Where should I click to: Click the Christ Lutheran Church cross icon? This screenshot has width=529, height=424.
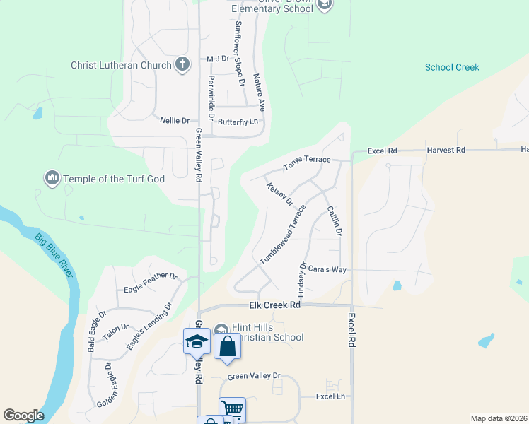[x=182, y=65]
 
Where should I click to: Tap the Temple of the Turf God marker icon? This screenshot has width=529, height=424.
[x=52, y=179]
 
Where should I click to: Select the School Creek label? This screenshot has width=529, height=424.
[x=452, y=68]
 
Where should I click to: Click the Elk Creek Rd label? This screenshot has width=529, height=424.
[x=275, y=305]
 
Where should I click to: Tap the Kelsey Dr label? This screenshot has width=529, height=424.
[x=280, y=194]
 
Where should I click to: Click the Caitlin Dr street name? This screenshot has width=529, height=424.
[x=335, y=221]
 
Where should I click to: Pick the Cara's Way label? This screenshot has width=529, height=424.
[x=327, y=269]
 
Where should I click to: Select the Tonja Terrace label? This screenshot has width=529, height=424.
[x=307, y=163]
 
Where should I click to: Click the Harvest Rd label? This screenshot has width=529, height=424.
[x=446, y=151]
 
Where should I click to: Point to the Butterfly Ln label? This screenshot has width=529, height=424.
[x=238, y=122]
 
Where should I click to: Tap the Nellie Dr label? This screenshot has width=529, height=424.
[x=175, y=121]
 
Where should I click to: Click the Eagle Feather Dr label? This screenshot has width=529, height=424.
[x=150, y=278]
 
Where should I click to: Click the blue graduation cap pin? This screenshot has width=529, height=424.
[x=196, y=343]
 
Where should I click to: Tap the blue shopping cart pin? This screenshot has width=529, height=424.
[x=232, y=409]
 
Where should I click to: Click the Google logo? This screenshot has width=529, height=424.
[x=23, y=416]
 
